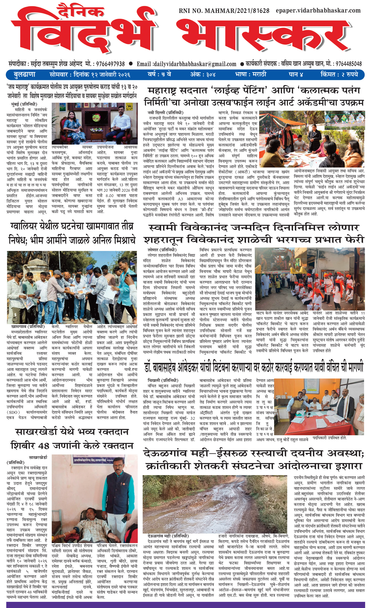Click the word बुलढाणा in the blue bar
[x=24, y=75]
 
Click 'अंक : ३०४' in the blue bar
[x=203, y=75]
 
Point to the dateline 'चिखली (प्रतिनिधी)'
[x=163, y=380]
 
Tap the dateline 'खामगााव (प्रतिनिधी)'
[x=28, y=327]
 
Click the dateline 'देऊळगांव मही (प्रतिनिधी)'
[x=168, y=536]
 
